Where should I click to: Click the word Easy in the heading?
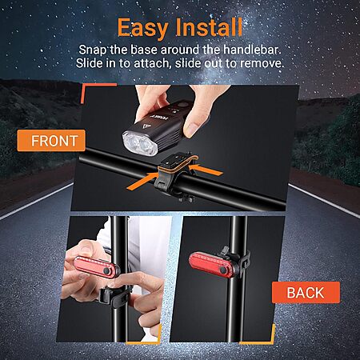point(143,28)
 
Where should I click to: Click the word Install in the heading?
point(209,27)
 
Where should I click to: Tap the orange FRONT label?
point(51,141)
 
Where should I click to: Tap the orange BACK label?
point(306,293)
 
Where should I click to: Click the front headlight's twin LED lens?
point(140,144)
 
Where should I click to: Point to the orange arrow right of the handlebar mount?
point(206,169)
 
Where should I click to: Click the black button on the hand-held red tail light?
point(106,271)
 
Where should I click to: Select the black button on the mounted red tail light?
point(222,270)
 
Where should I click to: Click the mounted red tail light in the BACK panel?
point(210,265)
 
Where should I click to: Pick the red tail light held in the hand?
point(97,267)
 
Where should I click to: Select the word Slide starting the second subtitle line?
point(90,63)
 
